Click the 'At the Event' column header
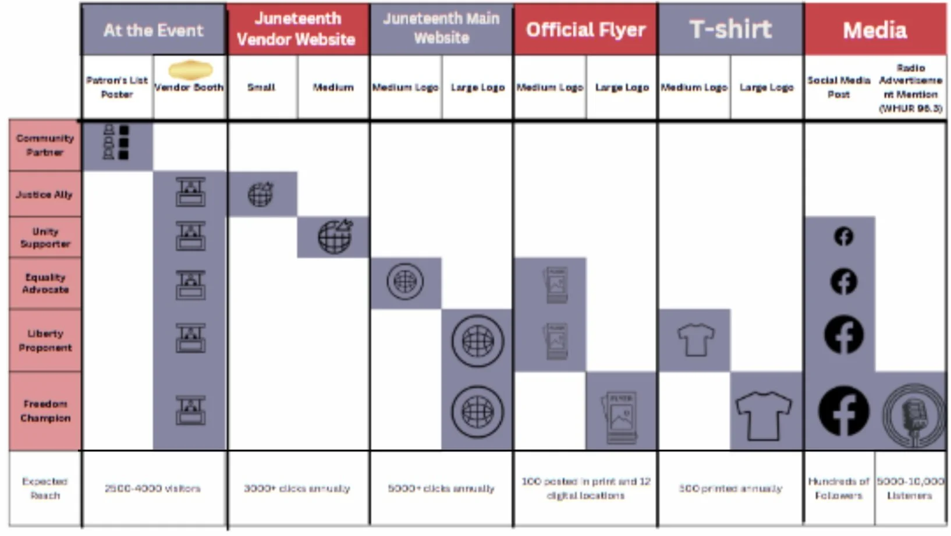tap(154, 30)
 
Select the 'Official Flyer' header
tap(585, 30)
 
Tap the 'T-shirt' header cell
tap(730, 30)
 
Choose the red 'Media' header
tap(875, 30)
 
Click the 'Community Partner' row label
tap(45, 145)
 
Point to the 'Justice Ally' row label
tap(45, 194)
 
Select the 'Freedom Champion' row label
tap(45, 411)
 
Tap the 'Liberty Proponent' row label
tap(45, 340)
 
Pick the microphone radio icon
tap(913, 414)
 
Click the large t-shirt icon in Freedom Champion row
tap(764, 414)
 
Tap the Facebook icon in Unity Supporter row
tap(843, 236)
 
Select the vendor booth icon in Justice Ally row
tap(190, 192)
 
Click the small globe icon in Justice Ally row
tap(261, 194)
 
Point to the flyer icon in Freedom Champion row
tap(620, 417)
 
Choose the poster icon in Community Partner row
tap(116, 141)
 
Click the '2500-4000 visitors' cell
tap(153, 488)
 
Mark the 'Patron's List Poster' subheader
tap(117, 87)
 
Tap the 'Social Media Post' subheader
tap(839, 87)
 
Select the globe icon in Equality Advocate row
tap(405, 282)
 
